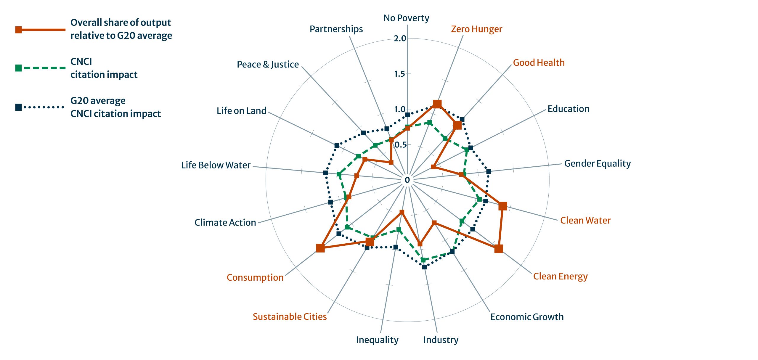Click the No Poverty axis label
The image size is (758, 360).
406,18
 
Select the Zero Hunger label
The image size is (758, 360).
476,29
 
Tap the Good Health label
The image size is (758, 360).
539,62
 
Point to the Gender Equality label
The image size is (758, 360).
597,163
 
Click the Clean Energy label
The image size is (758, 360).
560,276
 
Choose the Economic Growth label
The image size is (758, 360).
527,317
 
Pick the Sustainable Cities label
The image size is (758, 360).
290,316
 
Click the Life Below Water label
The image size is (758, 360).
216,165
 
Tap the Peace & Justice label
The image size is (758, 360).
268,64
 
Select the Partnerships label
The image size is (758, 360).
336,29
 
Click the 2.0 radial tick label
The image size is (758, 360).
400,38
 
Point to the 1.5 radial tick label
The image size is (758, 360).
399,74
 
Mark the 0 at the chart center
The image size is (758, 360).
407,180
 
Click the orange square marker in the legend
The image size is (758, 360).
18,30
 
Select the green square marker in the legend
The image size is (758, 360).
18,68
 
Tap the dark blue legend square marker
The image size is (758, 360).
18,107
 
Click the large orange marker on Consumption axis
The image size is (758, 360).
320,248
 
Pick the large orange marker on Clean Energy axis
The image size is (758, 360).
499,249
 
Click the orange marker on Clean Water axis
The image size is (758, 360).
502,206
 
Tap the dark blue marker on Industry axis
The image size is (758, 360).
424,267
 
